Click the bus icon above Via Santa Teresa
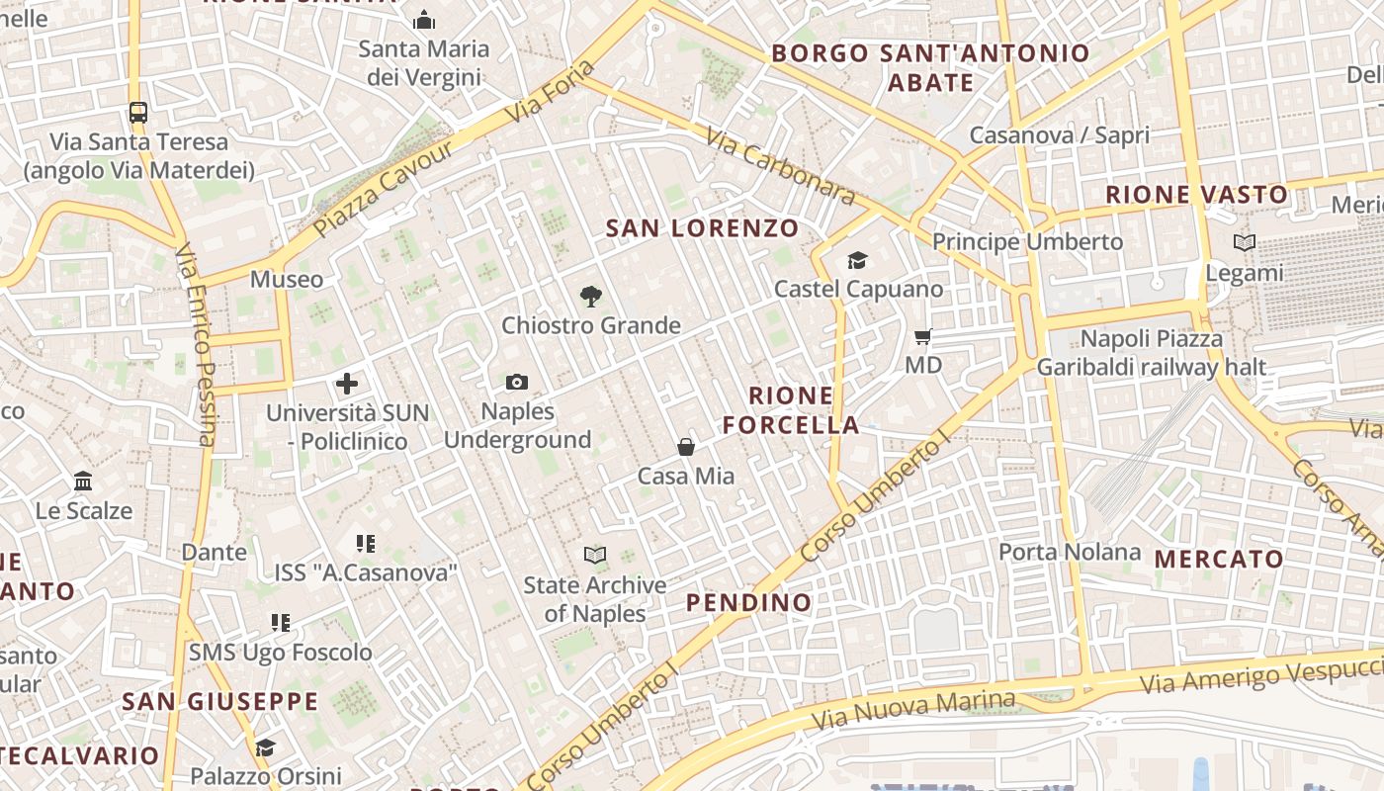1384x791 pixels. pyautogui.click(x=138, y=113)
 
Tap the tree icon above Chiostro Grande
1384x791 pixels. pyautogui.click(x=591, y=296)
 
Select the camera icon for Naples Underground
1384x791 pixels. pyautogui.click(x=516, y=382)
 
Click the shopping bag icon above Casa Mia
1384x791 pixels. pyautogui.click(x=686, y=447)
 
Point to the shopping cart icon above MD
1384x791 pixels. pyautogui.click(x=923, y=337)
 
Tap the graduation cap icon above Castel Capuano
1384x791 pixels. pyautogui.click(x=857, y=260)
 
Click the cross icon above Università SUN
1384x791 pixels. pyautogui.click(x=347, y=384)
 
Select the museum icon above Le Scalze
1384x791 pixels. pyautogui.click(x=83, y=482)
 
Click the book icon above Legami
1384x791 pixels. pyautogui.click(x=1245, y=242)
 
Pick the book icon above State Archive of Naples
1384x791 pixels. pyautogui.click(x=594, y=555)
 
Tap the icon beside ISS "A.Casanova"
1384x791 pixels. pyautogui.click(x=366, y=543)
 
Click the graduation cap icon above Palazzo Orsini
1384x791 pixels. pyautogui.click(x=265, y=747)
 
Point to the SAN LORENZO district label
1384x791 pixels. pyautogui.click(x=702, y=228)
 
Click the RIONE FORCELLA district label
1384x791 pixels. pyautogui.click(x=791, y=410)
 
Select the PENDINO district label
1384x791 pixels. pyautogui.click(x=748, y=602)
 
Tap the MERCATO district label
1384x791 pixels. pyautogui.click(x=1219, y=559)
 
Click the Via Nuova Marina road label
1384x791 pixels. pyautogui.click(x=912, y=710)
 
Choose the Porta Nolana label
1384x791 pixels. pyautogui.click(x=1070, y=552)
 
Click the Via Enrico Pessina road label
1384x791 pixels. pyautogui.click(x=196, y=345)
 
